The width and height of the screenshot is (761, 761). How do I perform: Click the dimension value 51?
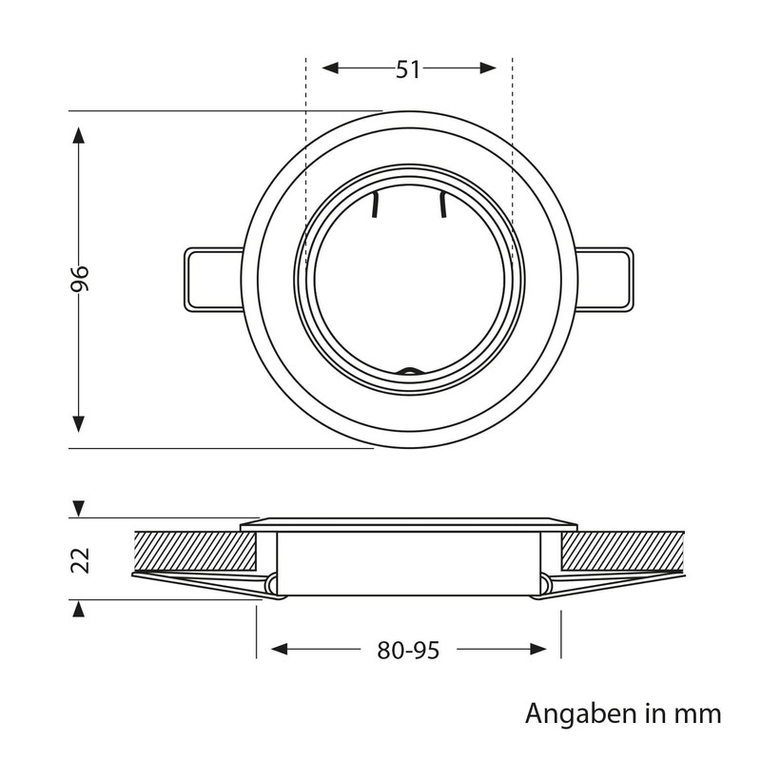click(x=408, y=69)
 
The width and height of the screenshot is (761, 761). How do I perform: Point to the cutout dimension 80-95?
click(x=408, y=650)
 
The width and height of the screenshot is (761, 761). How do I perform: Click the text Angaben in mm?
click(x=623, y=713)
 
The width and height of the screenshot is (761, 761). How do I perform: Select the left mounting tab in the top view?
click(x=211, y=279)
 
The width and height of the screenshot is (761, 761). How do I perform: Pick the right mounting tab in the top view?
click(x=605, y=279)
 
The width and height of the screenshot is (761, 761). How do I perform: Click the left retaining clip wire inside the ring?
click(x=375, y=206)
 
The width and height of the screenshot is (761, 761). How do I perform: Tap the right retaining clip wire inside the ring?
click(x=442, y=205)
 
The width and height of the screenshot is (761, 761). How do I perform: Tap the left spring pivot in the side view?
click(x=272, y=585)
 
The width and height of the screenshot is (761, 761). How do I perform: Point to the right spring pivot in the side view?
click(x=545, y=585)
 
